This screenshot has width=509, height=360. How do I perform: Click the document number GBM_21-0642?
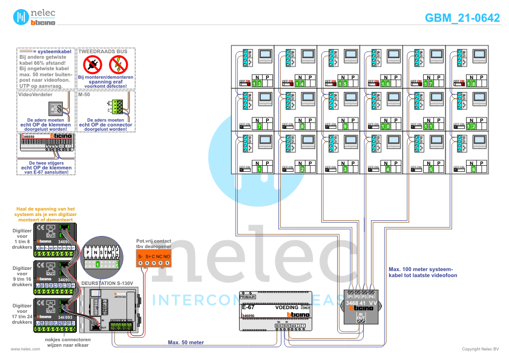click(462, 18)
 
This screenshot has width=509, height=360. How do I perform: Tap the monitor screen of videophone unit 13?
click(266, 57)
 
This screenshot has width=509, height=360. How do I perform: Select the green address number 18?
click(471, 84)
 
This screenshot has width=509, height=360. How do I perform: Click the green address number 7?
click(258, 126)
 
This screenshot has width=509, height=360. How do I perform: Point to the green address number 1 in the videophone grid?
click(258, 169)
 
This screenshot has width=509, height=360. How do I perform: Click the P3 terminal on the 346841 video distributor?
click(364, 297)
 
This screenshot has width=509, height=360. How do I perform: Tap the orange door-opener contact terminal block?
click(154, 258)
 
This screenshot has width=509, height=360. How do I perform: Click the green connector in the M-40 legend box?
click(116, 107)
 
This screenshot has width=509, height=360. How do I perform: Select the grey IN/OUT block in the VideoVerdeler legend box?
click(55, 109)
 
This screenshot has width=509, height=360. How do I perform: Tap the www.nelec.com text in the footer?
click(21, 349)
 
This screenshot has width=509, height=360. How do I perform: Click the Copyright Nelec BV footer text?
click(480, 349)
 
